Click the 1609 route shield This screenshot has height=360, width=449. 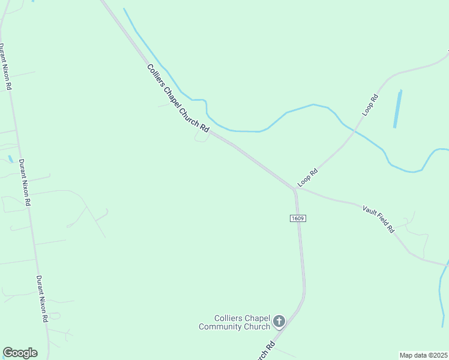(x=298, y=218)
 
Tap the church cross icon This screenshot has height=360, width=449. (x=279, y=322)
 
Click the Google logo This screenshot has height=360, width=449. (x=20, y=353)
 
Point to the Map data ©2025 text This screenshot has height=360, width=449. (x=423, y=355)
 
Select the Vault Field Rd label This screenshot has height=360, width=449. (x=378, y=218)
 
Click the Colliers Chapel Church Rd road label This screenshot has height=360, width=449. (x=178, y=98)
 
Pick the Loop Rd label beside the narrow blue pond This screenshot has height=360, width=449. (x=370, y=105)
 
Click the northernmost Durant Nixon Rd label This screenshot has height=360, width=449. (x=6, y=67)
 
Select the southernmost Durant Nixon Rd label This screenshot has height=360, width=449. (x=42, y=299)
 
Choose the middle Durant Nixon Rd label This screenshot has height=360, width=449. (x=25, y=182)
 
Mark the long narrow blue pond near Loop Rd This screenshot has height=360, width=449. (x=397, y=109)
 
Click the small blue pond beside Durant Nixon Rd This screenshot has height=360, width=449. (x=10, y=159)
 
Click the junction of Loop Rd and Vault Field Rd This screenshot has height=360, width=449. (x=295, y=189)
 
